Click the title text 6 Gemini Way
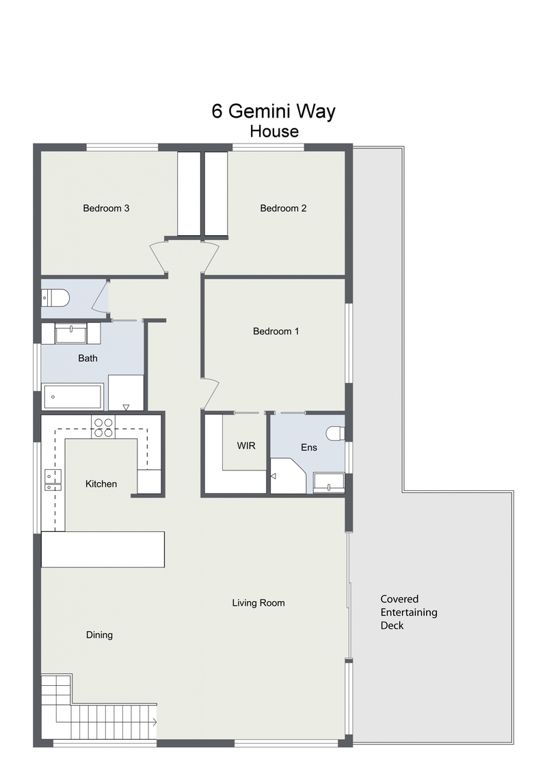[x=273, y=111]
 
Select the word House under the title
[x=274, y=132]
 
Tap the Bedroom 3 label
[x=106, y=209]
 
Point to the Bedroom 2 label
[x=283, y=209]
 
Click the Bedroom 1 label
[x=276, y=331]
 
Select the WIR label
[x=246, y=446]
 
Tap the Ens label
[x=309, y=447]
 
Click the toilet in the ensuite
[x=335, y=433]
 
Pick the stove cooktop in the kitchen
[x=103, y=427]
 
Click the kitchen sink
[x=53, y=480]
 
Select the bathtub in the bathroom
[x=72, y=397]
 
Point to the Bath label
[x=88, y=358]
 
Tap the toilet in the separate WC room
[x=55, y=298]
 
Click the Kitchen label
[x=101, y=484]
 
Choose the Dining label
[x=99, y=635]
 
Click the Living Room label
[x=258, y=602]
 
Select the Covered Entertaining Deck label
[x=409, y=612]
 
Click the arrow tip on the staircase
[x=157, y=722]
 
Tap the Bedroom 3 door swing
[x=158, y=256]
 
